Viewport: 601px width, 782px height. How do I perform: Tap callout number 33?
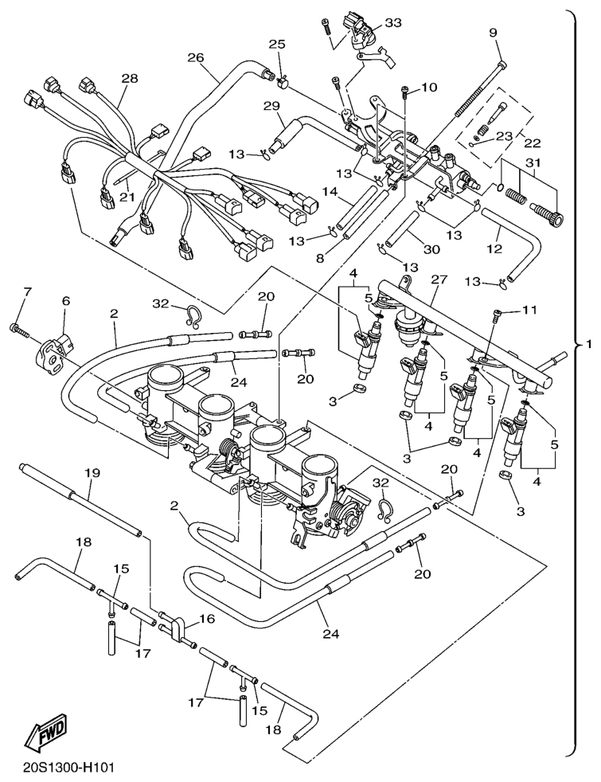click(392, 23)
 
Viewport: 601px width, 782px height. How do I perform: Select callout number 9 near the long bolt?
click(493, 33)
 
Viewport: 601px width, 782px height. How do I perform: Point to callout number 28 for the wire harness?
click(130, 78)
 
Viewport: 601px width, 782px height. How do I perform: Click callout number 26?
click(196, 57)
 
